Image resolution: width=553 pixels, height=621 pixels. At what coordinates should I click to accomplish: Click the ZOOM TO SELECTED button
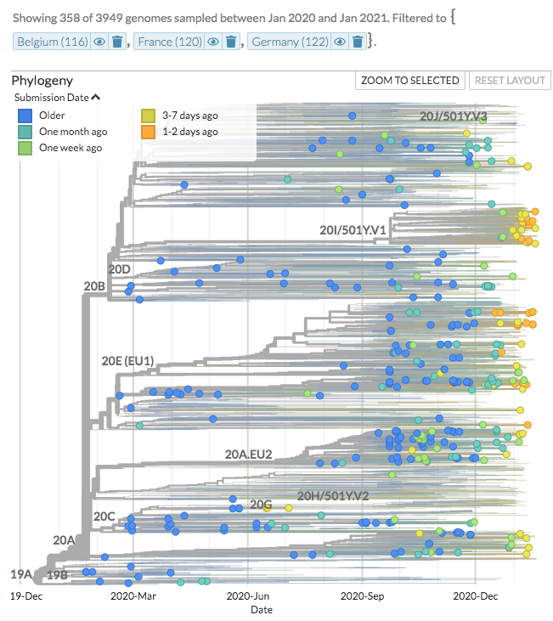pyautogui.click(x=410, y=81)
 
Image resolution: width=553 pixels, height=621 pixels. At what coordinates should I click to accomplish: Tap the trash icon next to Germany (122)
pyautogui.click(x=358, y=42)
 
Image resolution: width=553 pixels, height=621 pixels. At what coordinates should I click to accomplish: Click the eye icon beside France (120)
pyautogui.click(x=212, y=42)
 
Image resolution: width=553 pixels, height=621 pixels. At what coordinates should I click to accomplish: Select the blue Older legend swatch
pyautogui.click(x=25, y=116)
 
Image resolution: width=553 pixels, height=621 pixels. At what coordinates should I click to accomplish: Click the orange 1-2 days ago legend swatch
pyautogui.click(x=148, y=132)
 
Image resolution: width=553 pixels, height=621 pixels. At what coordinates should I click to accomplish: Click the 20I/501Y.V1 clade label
pyautogui.click(x=353, y=230)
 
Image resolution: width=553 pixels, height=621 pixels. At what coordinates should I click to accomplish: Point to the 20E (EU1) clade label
pyautogui.click(x=127, y=360)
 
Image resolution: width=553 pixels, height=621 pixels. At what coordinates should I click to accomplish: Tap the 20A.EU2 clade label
pyautogui.click(x=248, y=454)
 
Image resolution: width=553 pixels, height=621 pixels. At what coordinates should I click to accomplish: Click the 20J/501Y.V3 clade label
pyautogui.click(x=453, y=116)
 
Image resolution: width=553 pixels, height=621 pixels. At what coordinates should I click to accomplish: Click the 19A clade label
pyautogui.click(x=21, y=574)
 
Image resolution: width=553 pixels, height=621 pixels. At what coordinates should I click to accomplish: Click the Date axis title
pyautogui.click(x=262, y=610)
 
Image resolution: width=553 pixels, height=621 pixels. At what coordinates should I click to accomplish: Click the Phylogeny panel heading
pyautogui.click(x=42, y=81)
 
